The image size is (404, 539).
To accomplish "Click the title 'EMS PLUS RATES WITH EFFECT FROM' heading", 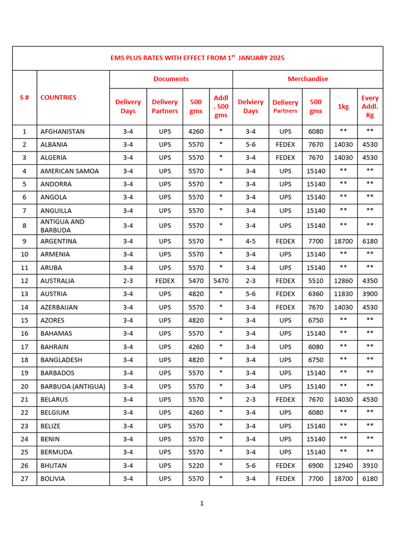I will pos(198,58).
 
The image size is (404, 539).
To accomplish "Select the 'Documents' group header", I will pos(171,79).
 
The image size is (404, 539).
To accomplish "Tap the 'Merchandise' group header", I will pos(308,79).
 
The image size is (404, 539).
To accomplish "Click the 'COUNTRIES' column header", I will pos(58,97).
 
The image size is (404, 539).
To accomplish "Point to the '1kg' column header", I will pos(343,106).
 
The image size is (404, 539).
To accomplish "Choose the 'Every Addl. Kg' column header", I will pos(370,106).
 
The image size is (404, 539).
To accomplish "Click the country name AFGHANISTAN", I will pos(63,132).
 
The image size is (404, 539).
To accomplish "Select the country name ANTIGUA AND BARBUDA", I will pos(63,226).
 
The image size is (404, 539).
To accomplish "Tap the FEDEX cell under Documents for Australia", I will pos(165,281).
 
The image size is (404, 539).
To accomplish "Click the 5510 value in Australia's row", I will pos(316,281).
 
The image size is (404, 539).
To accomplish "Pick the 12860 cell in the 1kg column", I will pos(343,281).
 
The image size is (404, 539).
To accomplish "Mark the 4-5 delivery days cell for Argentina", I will pos(250,242).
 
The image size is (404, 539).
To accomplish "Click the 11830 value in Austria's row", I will pos(343,294).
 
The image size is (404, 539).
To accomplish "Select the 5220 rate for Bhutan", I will pos(196,466).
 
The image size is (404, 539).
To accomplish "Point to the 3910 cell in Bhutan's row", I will pos(370,466).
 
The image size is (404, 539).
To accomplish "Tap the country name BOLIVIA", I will pos(53,479).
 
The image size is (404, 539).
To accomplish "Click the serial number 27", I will pos(24,479).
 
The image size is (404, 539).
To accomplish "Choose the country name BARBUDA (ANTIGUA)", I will pos(73,386).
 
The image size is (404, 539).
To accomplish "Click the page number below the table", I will pos(201,504).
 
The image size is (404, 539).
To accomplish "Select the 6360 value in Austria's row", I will pos(316,294).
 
